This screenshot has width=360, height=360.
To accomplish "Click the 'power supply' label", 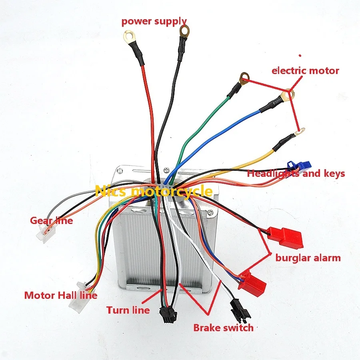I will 154,21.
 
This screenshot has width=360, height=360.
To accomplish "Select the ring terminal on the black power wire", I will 184,30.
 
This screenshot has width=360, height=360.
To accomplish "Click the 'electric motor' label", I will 305,71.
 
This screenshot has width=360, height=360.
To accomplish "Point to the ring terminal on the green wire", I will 244,77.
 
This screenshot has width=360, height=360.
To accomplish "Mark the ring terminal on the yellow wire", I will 299,131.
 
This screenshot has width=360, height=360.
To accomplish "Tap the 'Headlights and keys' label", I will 296,174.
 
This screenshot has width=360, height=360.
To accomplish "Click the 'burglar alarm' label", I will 308,258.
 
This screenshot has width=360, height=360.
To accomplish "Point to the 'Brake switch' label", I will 223,328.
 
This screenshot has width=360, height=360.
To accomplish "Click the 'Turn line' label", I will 128,310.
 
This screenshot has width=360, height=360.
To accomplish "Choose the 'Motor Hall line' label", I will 60,296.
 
